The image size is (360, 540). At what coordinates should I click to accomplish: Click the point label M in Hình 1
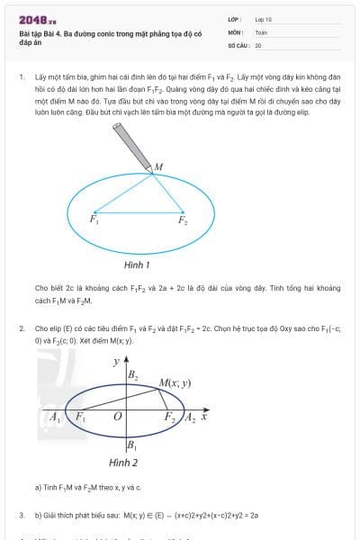point(158,166)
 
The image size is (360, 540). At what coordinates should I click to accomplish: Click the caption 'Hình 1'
point(137,265)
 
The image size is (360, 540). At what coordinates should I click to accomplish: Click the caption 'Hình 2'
point(123,463)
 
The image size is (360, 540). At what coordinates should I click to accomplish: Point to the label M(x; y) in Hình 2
point(175,382)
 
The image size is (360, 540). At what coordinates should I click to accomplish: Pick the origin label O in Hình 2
point(117,418)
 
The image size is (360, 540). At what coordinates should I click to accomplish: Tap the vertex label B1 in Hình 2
point(131,445)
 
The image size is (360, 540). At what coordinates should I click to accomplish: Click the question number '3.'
point(21,515)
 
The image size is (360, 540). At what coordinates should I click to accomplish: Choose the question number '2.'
point(21,328)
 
